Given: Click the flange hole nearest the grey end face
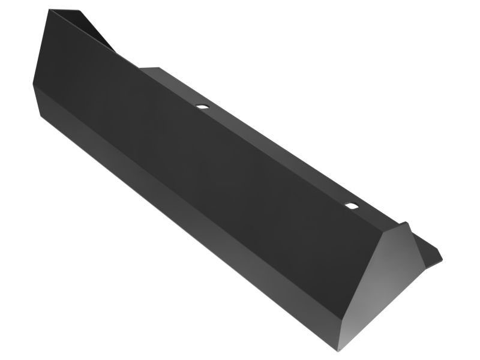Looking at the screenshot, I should pos(351,206).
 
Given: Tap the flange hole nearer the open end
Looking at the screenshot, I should pos(202,106).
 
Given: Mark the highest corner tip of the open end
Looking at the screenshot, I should pos(49,9).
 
